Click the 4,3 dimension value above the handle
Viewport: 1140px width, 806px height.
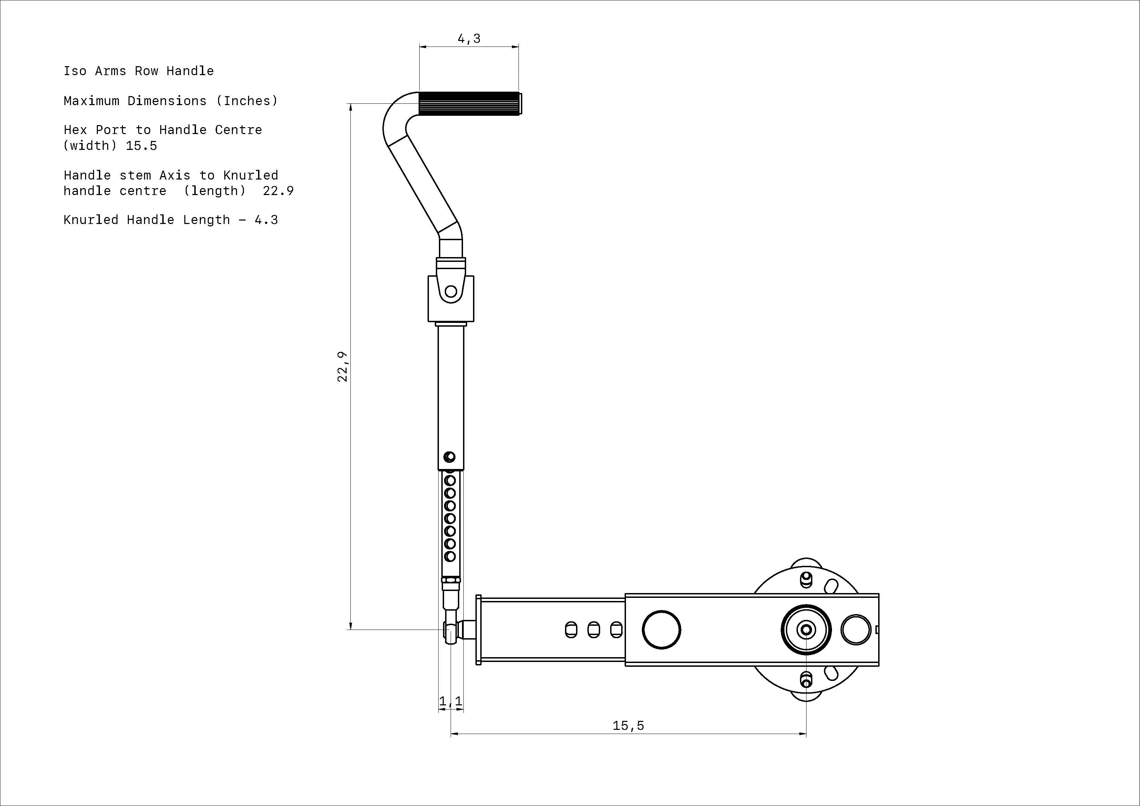(469, 39)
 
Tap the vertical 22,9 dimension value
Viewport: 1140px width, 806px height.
(342, 367)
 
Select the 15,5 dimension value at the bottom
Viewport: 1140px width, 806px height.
(628, 726)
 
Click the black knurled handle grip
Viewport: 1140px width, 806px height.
(470, 103)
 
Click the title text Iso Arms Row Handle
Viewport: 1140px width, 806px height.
(138, 71)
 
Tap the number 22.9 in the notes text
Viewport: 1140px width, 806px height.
(278, 191)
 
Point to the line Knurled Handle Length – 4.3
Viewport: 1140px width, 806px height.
(171, 220)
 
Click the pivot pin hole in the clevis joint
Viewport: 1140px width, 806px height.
(451, 291)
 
